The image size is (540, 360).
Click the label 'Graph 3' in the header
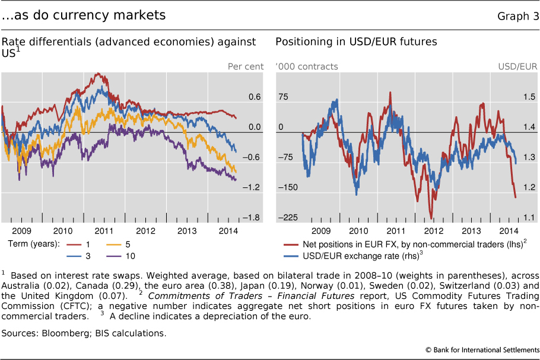pos(518,15)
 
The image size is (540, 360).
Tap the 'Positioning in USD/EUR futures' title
pos(356,42)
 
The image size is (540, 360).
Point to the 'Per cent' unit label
pos(246,66)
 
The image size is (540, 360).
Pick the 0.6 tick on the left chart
pos(255,97)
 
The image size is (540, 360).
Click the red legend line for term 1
pos(74,244)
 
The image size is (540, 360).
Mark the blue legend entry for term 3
pos(74,255)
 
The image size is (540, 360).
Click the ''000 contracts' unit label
pos(307,66)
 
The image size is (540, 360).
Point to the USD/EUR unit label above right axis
pos(517,66)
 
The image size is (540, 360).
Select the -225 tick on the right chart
pos(286,218)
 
